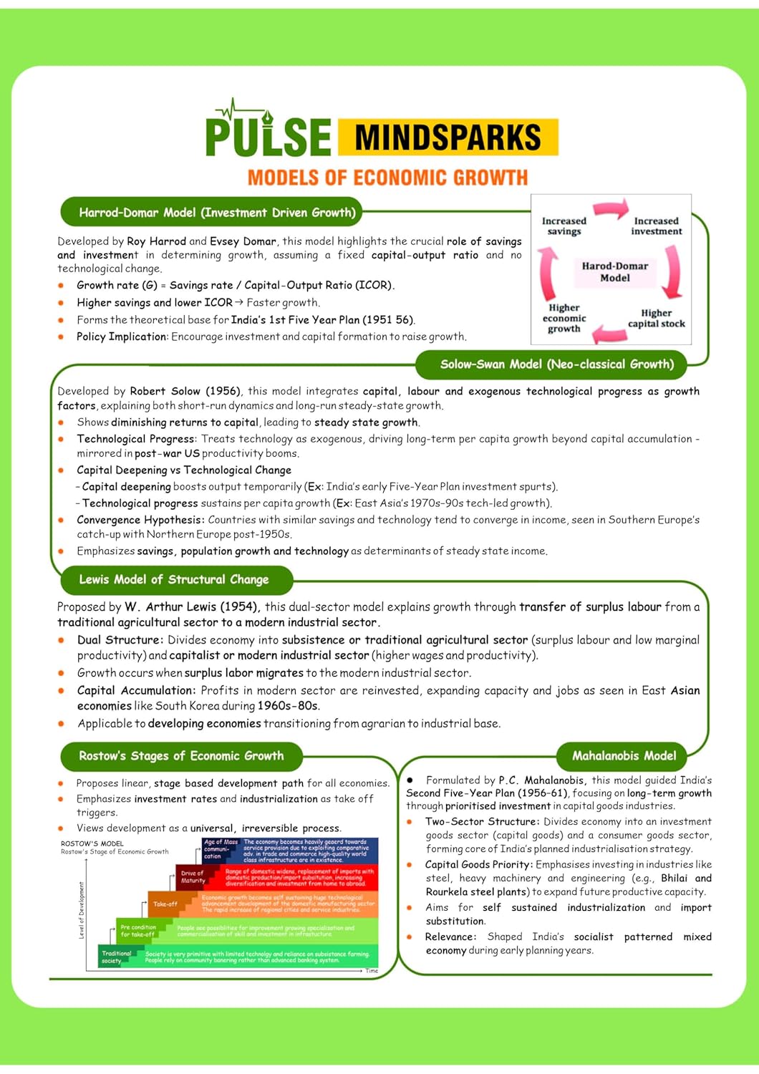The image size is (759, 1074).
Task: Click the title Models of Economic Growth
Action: point(387,178)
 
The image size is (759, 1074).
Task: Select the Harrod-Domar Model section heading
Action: point(217,213)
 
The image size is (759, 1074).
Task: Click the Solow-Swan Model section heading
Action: point(556,364)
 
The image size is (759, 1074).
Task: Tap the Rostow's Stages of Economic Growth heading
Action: point(181,756)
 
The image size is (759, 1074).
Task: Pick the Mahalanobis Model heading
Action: point(623,756)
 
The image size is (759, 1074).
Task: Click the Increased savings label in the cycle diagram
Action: point(564,226)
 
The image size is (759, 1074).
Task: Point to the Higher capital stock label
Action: point(656,319)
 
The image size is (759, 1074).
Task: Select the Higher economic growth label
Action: point(564,318)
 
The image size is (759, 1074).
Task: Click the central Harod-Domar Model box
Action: point(614,272)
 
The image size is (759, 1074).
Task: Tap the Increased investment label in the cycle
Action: point(656,226)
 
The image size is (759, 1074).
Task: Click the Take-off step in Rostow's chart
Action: point(165,904)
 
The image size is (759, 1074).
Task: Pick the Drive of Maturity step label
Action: point(193,877)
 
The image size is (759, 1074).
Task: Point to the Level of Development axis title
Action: point(82,910)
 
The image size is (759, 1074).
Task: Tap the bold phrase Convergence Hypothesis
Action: point(140,520)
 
